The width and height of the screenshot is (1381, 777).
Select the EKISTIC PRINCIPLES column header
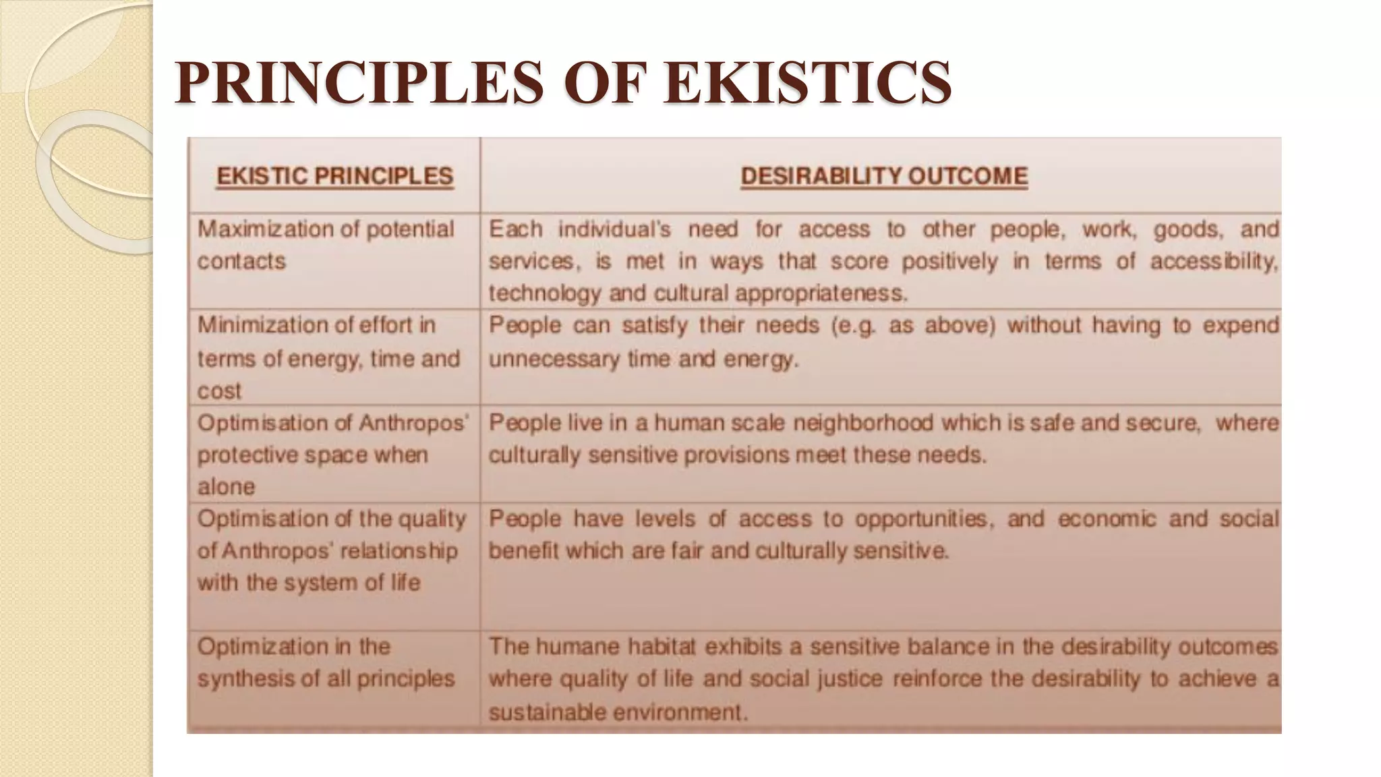point(334,176)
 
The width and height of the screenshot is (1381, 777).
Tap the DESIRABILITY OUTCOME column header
point(884,176)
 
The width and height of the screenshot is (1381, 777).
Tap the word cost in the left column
point(219,391)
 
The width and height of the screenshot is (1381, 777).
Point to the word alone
point(226,486)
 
